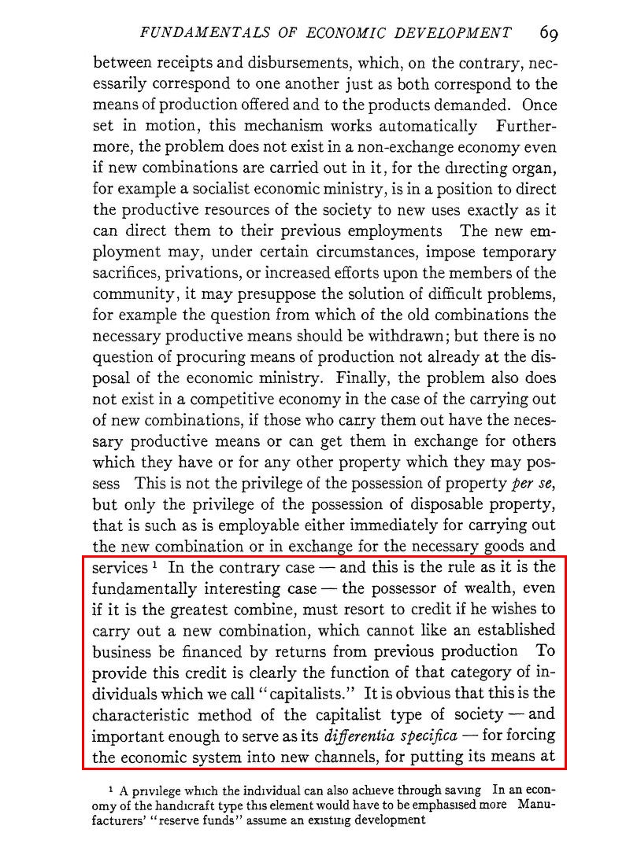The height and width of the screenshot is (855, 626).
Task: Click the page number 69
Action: pos(549,33)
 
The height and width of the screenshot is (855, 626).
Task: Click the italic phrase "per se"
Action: pos(533,481)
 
